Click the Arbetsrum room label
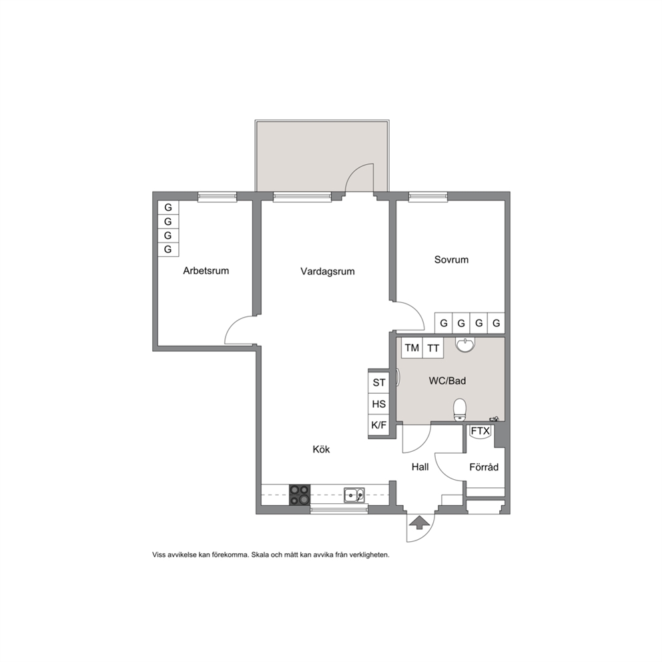click(206, 271)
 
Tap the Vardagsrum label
click(328, 272)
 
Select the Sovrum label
click(451, 260)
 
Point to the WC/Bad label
click(448, 381)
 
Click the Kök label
click(321, 449)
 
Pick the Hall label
click(420, 467)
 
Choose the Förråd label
click(484, 467)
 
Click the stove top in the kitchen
click(300, 494)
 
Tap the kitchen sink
click(354, 494)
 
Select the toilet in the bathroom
click(460, 410)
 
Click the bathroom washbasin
click(465, 344)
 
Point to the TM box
click(412, 348)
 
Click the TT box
click(433, 348)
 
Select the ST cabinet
click(378, 382)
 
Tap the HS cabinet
click(378, 404)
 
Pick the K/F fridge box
click(378, 425)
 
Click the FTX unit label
click(480, 431)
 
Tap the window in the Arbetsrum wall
click(218, 197)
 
